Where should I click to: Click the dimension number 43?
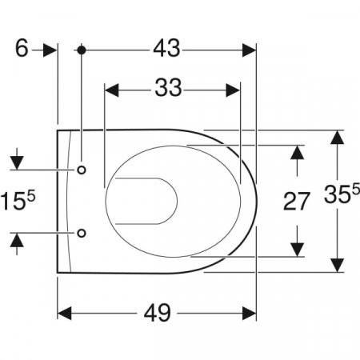point(166,48)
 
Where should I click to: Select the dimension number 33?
point(168,88)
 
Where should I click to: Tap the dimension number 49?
point(157,313)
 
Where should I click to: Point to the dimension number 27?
point(296,201)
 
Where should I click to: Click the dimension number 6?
point(22,48)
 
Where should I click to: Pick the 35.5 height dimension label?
point(342,193)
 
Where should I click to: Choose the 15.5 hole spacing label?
point(18,199)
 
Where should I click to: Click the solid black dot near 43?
point(82,50)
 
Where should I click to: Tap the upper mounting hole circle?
point(82,170)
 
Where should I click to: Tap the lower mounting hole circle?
point(82,233)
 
